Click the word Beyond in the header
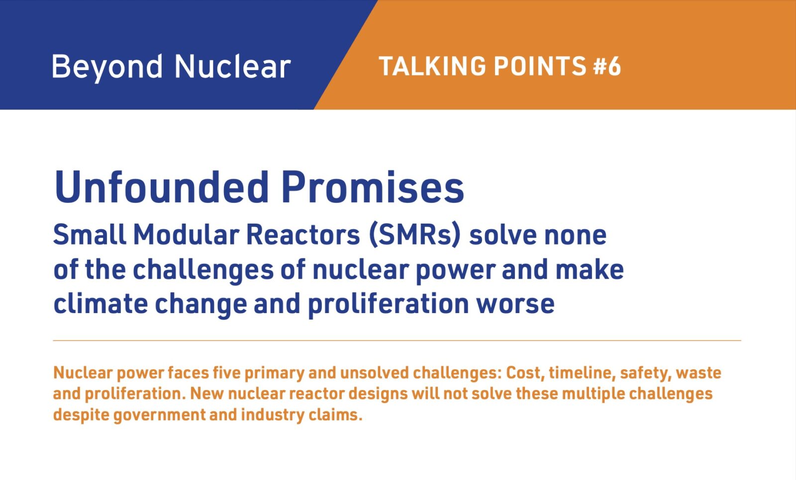(107, 68)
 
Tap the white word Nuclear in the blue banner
(233, 66)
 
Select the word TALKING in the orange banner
(432, 66)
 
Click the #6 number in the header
(607, 66)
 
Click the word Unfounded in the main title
(161, 187)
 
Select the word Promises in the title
(373, 187)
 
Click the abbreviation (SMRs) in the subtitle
(415, 235)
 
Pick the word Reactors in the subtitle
(303, 235)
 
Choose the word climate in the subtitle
(100, 304)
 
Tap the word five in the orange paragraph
(225, 373)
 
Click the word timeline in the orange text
(583, 373)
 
